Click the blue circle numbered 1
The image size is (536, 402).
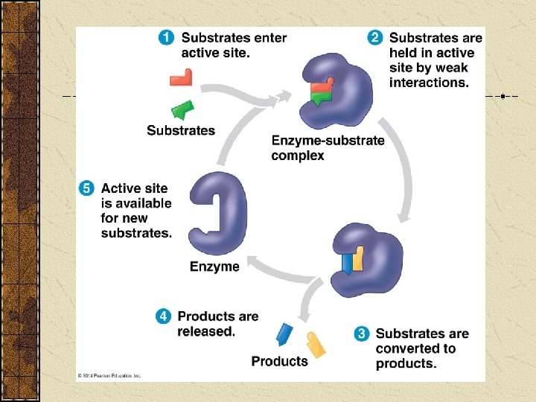pos(168,38)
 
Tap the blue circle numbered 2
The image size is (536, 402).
pos(376,38)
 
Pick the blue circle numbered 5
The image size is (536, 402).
pos(87,188)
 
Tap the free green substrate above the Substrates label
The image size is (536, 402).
pos(182,109)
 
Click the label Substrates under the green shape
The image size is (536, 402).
pos(181,130)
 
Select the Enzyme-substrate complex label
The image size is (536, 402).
pos(328,147)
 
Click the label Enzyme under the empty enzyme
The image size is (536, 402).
pos(214,267)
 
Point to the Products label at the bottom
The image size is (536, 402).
pos(279,361)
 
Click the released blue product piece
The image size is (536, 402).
pos(284,334)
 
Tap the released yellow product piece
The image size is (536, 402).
pos(316,344)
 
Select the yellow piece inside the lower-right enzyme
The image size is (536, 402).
pos(357,258)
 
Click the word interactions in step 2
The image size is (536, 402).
pos(429,83)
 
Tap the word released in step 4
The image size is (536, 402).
pos(206,331)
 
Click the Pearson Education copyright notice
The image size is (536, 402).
pos(110,376)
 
